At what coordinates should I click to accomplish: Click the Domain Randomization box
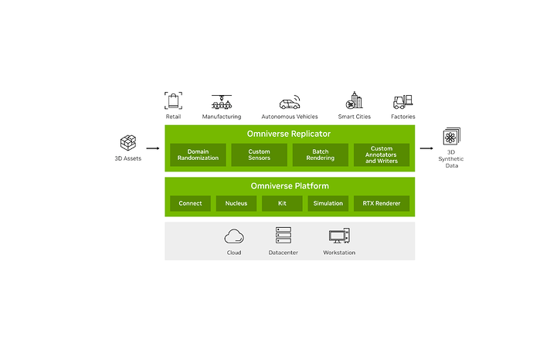click(198, 155)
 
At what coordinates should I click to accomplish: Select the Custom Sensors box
click(260, 155)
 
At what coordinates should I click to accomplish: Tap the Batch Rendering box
click(321, 155)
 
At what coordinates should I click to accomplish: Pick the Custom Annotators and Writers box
click(382, 155)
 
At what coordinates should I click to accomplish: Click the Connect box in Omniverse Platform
click(190, 203)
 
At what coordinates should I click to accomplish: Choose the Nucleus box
click(236, 203)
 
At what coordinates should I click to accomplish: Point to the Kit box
click(281, 203)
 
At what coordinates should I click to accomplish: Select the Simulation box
click(328, 203)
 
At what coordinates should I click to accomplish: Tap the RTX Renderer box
click(382, 203)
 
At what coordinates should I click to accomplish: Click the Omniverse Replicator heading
click(289, 134)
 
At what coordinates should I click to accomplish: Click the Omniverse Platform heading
click(289, 186)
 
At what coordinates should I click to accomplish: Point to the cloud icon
click(234, 236)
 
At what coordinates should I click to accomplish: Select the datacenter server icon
click(283, 236)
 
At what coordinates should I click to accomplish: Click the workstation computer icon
click(339, 236)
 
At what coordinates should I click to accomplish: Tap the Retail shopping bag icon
click(173, 100)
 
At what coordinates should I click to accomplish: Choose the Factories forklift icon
click(403, 101)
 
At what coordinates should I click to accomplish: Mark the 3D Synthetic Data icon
click(450, 138)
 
